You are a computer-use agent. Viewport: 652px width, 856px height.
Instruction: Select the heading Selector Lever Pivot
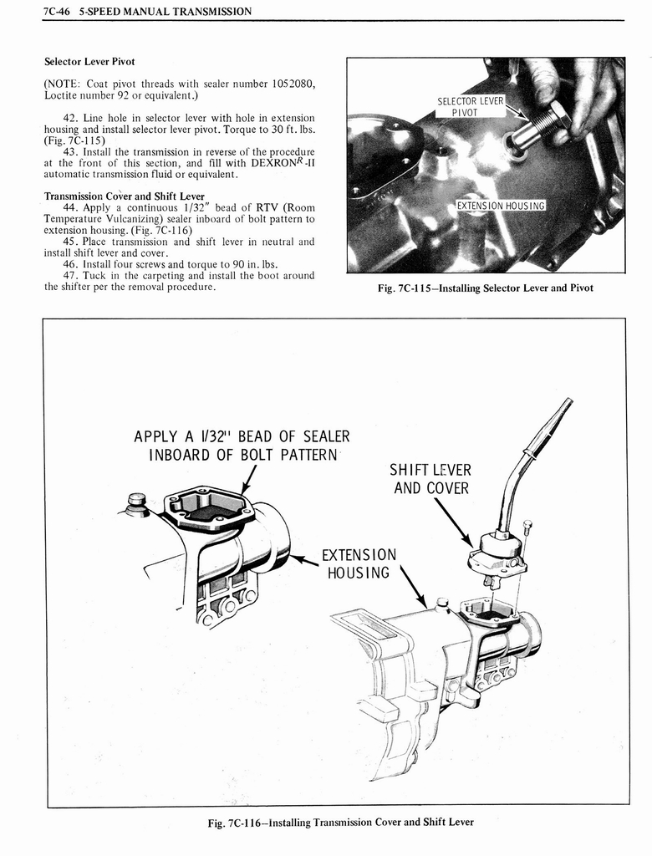coord(89,62)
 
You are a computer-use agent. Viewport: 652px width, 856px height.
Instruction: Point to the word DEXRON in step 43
coord(277,163)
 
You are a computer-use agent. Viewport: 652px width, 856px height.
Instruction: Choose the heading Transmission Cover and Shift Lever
coord(125,196)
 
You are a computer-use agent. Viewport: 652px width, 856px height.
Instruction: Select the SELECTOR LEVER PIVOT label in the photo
coord(471,107)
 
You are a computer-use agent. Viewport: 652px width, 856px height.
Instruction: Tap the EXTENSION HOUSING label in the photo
coord(501,206)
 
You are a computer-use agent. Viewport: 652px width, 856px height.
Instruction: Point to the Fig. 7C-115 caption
coord(485,288)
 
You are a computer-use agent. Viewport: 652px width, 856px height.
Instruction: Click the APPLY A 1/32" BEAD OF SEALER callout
coord(242,446)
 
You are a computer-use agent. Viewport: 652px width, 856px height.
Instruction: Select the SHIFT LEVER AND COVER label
coord(431,479)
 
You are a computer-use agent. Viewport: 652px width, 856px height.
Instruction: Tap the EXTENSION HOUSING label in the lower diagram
coord(359,563)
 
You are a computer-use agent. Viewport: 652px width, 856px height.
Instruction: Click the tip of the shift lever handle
coord(568,404)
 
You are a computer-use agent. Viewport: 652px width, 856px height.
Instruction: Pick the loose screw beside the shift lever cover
coord(527,527)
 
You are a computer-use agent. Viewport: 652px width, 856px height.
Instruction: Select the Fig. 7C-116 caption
coord(340,822)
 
